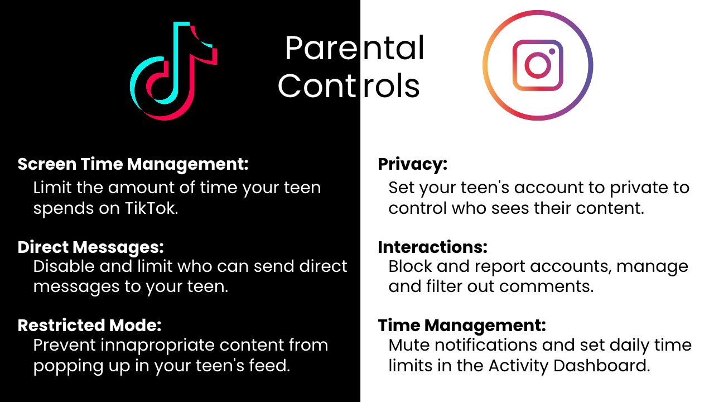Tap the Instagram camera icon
[x=538, y=65]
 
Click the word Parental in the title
[x=354, y=48]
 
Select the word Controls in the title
[x=349, y=85]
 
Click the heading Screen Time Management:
[x=133, y=164]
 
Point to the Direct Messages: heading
[x=91, y=247]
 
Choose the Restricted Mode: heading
[x=90, y=326]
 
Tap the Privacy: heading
[x=412, y=165]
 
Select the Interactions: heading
[x=432, y=247]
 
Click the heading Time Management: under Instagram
[x=462, y=326]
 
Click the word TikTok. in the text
[x=151, y=208]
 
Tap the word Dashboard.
[x=601, y=366]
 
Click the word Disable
[x=64, y=266]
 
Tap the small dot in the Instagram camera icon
[x=552, y=51]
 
